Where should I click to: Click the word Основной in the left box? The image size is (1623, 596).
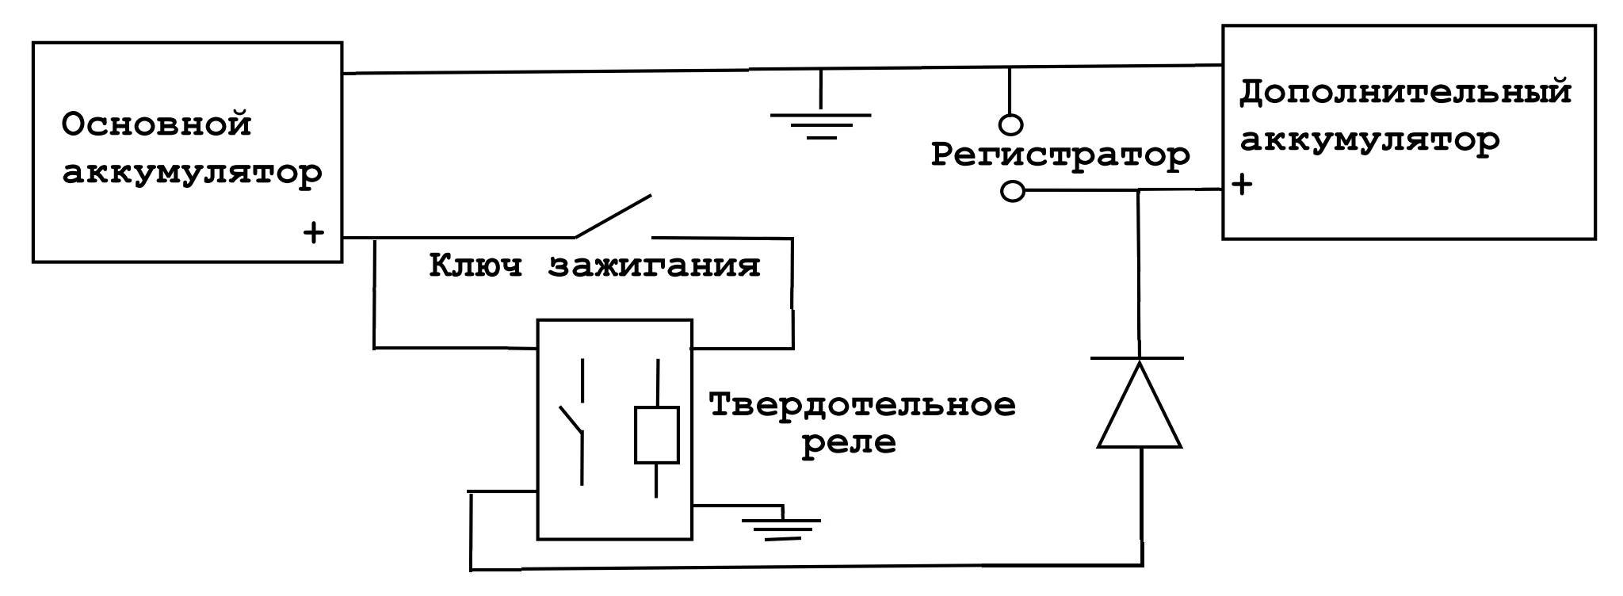157,125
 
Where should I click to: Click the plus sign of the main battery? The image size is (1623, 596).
314,233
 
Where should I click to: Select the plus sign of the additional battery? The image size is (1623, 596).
1243,185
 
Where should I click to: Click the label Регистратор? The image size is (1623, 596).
1060,155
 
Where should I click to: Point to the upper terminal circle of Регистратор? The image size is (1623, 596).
1010,124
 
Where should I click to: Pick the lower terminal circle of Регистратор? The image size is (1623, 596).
1013,191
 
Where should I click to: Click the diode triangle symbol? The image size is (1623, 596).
1140,404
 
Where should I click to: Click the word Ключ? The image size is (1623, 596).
476,266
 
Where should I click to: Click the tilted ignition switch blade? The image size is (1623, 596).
613,216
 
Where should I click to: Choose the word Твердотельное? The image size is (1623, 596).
862,405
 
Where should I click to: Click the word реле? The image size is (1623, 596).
849,442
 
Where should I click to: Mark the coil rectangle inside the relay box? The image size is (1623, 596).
657,435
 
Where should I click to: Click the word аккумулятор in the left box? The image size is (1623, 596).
193,174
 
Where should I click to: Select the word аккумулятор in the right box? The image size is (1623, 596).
1369,140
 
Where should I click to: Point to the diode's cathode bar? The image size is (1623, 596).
1138,358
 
